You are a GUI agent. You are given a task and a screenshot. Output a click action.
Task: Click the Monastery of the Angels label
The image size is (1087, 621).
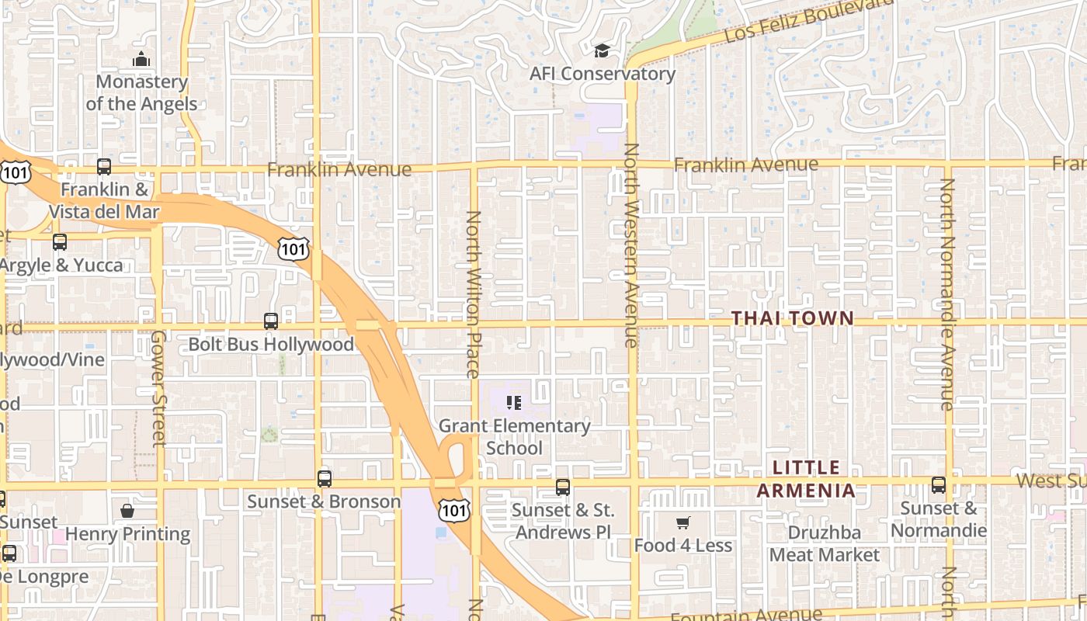141,92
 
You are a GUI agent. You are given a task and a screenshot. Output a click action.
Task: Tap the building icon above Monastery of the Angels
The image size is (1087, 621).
141,59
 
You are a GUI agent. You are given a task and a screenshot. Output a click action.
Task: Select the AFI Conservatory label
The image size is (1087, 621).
603,74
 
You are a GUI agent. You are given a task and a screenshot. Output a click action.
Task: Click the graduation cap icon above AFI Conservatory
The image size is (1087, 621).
602,51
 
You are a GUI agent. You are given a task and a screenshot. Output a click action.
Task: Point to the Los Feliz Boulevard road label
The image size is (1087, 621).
807,21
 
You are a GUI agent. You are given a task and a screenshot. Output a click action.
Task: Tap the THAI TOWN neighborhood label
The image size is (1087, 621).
793,318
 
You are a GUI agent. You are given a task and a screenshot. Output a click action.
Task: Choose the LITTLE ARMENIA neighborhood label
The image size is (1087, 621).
807,479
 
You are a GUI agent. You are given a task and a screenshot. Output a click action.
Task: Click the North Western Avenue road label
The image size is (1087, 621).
631,245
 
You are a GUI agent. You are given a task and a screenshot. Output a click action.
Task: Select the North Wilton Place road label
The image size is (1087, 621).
474,294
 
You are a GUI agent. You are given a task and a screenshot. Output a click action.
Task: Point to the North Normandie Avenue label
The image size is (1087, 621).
947,294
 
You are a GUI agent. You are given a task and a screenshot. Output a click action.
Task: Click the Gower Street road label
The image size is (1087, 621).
158,388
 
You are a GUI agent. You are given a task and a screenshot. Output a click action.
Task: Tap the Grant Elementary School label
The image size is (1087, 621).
515,437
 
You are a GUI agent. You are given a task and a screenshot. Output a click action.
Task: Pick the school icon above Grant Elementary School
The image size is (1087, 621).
514,402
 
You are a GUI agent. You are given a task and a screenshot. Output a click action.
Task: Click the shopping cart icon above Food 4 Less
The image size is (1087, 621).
683,522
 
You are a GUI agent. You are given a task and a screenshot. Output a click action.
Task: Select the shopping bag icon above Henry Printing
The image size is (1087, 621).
127,511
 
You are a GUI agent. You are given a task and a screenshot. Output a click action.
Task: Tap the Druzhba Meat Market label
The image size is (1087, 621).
825,544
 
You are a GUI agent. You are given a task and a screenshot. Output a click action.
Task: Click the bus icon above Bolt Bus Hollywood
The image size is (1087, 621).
271,321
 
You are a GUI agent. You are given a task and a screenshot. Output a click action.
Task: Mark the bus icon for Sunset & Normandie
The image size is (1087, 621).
939,485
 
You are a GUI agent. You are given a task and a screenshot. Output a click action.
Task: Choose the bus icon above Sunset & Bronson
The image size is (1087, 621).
325,478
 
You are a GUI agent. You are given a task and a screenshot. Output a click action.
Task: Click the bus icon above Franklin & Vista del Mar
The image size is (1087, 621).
104,166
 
